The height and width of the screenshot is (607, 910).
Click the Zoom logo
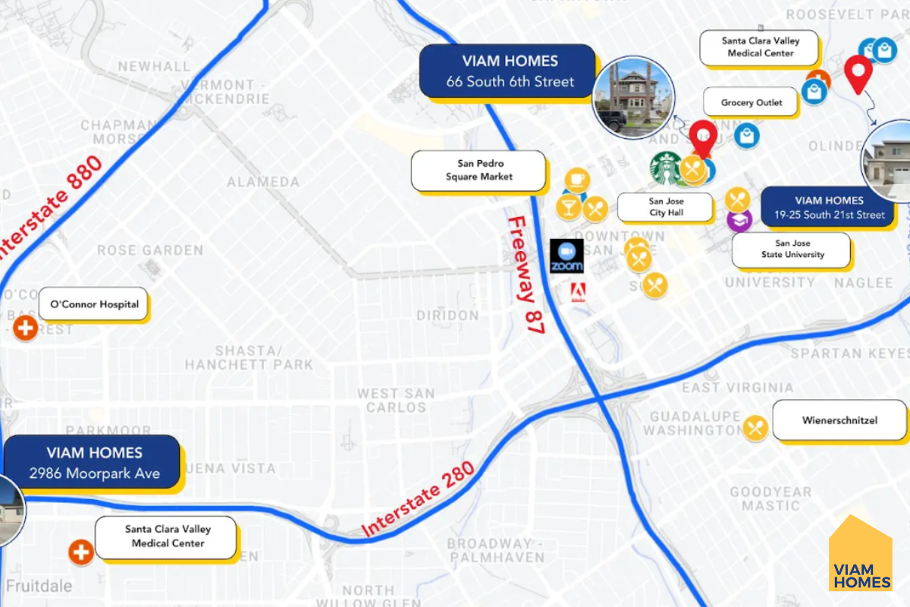(x=566, y=256)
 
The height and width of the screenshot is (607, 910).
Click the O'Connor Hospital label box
(x=94, y=304)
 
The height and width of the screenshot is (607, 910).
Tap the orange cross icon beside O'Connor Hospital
(x=26, y=329)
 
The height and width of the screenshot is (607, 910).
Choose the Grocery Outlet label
(x=752, y=102)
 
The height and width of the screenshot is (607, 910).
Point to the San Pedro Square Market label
(x=479, y=170)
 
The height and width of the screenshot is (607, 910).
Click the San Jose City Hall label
(x=666, y=207)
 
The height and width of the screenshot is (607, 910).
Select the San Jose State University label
(x=792, y=249)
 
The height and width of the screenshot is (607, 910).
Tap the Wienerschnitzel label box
(x=839, y=420)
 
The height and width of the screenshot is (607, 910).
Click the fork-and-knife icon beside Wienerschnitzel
(x=755, y=428)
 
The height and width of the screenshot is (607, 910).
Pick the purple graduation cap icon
(x=739, y=221)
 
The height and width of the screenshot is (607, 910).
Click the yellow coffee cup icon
(x=577, y=180)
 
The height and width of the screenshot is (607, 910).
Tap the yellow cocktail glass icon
(x=568, y=206)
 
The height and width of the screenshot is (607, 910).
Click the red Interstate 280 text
(x=419, y=499)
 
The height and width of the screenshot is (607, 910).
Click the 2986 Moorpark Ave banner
(x=94, y=463)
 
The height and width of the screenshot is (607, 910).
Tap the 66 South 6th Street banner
(x=510, y=71)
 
